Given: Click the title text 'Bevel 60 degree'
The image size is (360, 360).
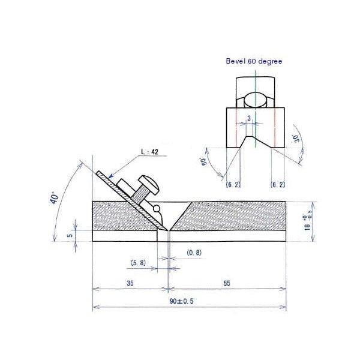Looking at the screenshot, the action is click(254, 61).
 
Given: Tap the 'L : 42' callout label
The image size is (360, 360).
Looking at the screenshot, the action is click(149, 152).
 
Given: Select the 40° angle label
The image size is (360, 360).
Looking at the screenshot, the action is click(55, 198).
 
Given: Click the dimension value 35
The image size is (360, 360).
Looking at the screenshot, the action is click(130, 283).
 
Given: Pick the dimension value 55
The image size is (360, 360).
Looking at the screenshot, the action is click(227, 283).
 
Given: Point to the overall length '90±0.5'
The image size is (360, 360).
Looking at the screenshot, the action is click(181, 301).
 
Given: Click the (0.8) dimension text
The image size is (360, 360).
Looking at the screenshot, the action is click(194, 253).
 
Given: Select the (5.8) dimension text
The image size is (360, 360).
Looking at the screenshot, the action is click(138, 263).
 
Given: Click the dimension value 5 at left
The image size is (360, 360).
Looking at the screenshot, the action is click(70, 235).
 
